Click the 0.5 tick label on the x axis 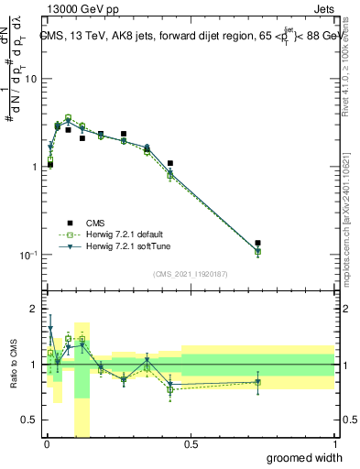coord(191,444)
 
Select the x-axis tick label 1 coord(334,444)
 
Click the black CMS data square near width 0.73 coord(257,244)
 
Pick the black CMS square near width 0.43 coord(170,163)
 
